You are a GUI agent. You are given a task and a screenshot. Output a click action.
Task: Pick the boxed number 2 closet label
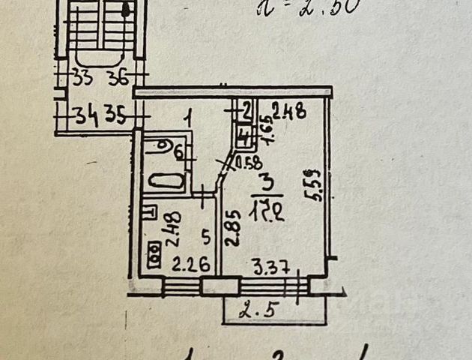246,111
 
